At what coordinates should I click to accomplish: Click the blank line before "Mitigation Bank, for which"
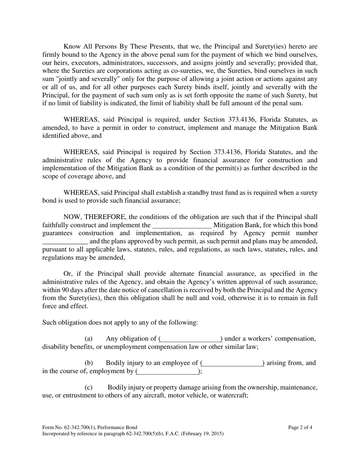click(x=182, y=225)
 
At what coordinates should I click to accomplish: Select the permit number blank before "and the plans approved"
click(x=65, y=241)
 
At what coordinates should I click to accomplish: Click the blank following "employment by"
click(x=167, y=371)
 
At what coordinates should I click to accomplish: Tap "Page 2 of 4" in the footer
click(x=300, y=427)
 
